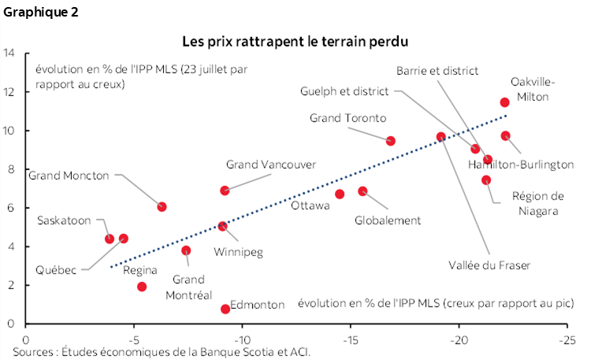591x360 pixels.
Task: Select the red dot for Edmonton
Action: [x=225, y=309]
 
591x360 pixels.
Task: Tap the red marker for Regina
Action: [x=142, y=287]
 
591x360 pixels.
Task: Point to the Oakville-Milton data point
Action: [x=504, y=102]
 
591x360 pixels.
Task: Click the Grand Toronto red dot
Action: [x=390, y=141]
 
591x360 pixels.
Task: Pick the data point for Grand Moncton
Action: [x=162, y=206]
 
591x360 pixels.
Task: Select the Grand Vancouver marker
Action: [x=225, y=191]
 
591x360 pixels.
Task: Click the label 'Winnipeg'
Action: [x=238, y=252]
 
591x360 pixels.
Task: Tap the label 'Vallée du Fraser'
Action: [x=489, y=265]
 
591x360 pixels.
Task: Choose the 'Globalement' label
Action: [x=388, y=221]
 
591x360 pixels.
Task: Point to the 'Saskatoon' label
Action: [x=64, y=221]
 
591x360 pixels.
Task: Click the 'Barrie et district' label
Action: [x=437, y=71]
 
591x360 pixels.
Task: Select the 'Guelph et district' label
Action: [x=344, y=91]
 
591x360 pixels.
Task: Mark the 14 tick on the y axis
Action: [x=10, y=54]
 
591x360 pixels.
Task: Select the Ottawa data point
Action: [x=340, y=194]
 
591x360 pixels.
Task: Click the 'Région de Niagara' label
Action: [x=537, y=203]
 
